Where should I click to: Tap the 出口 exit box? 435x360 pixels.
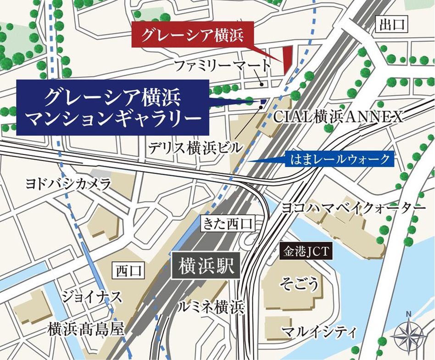pos(391,24)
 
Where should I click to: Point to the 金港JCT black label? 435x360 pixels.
pos(305,251)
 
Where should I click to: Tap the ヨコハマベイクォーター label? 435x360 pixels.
pos(353,208)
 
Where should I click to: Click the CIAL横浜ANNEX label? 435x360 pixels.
pos(338,117)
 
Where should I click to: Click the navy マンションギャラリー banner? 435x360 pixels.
pos(113,107)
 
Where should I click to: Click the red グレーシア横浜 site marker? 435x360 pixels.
pos(287,59)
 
